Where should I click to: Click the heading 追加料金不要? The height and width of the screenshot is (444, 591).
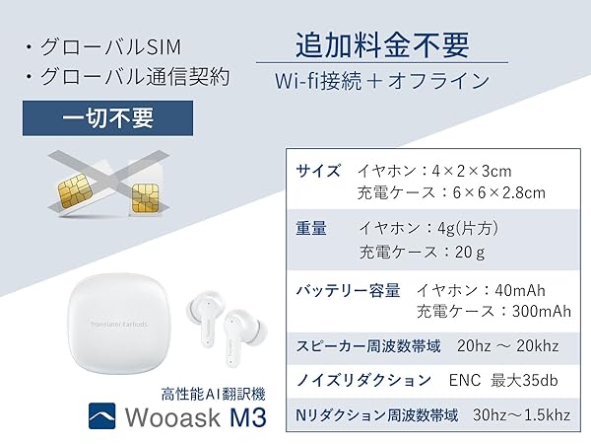point(381,44)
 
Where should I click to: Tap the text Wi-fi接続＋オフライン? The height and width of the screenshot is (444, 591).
point(381,81)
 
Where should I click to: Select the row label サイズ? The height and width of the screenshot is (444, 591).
point(319,171)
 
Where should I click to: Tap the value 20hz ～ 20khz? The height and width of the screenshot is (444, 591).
point(506,346)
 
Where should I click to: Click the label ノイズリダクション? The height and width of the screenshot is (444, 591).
point(363,379)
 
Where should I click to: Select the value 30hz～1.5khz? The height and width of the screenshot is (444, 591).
point(522,413)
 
